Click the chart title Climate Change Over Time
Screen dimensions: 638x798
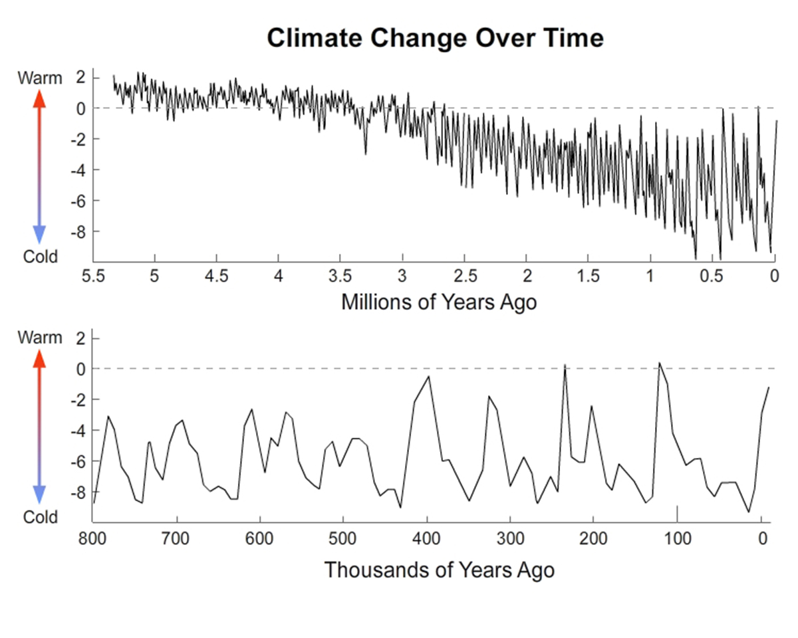(x=435, y=38)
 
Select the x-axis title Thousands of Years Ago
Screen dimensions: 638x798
(x=439, y=570)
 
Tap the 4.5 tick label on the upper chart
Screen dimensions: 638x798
(x=217, y=275)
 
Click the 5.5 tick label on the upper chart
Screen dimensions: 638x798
(x=93, y=275)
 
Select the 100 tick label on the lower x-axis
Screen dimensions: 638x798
(x=677, y=537)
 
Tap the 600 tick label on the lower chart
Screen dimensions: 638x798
(x=260, y=537)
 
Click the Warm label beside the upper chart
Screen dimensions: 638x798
(x=39, y=78)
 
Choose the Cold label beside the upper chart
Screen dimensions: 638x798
(x=40, y=256)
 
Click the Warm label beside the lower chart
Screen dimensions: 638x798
(x=39, y=337)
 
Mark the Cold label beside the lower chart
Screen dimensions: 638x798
(x=40, y=516)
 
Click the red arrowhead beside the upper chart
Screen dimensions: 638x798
(x=39, y=98)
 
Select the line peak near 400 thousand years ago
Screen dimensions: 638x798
(x=429, y=377)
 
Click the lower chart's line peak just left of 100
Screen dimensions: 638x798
(x=659, y=363)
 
